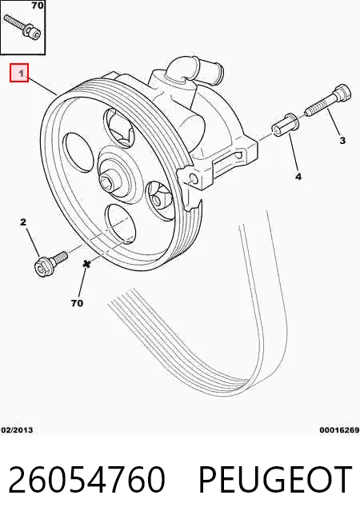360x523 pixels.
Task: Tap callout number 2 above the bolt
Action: click(x=23, y=222)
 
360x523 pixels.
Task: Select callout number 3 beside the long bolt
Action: click(x=342, y=141)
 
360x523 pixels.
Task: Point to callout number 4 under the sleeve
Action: click(x=298, y=177)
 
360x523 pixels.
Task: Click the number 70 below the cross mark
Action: click(x=77, y=303)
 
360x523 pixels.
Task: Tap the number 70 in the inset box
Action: click(x=38, y=6)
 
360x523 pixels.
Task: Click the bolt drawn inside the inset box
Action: click(x=22, y=26)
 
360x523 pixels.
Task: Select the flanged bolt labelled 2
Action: click(x=50, y=264)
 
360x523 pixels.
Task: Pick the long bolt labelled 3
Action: click(x=329, y=100)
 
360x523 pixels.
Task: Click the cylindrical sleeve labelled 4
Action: click(x=286, y=126)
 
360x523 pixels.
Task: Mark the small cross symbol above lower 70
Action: click(x=86, y=264)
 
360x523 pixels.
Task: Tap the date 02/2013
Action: click(x=17, y=430)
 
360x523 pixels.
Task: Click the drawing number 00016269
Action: click(x=339, y=430)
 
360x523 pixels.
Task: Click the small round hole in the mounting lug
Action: click(x=194, y=179)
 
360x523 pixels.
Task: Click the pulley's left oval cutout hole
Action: click(x=79, y=153)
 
